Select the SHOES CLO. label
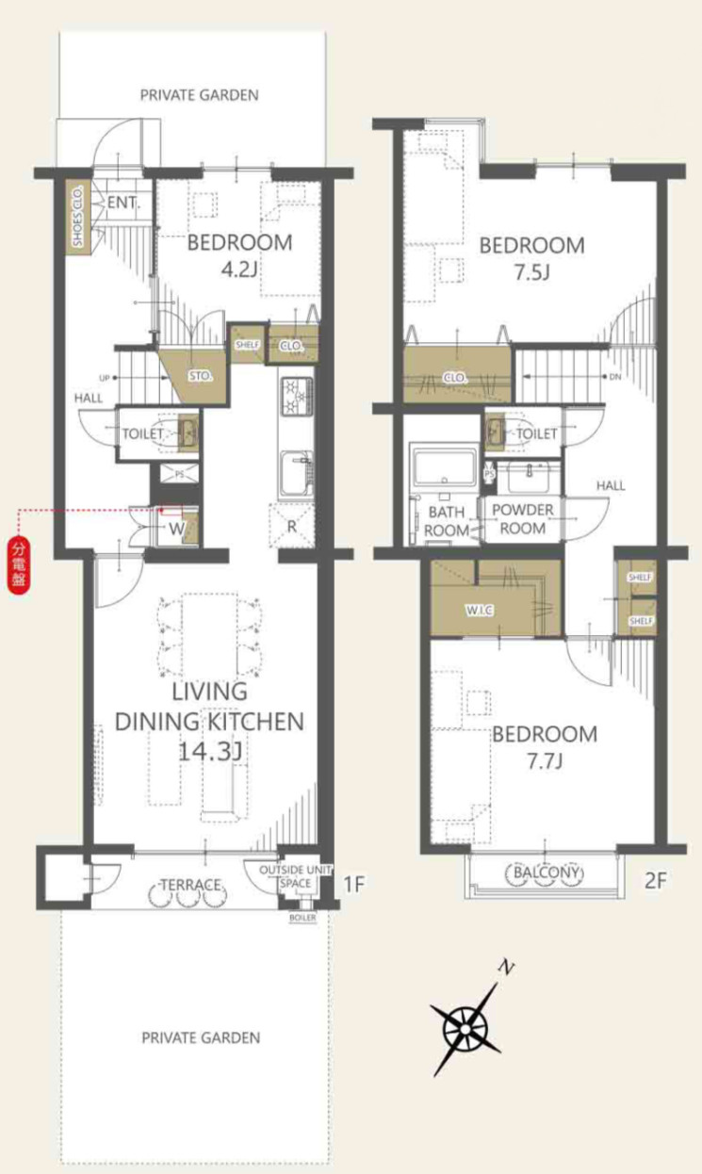point(78,216)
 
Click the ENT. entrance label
point(123,203)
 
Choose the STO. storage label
point(201,376)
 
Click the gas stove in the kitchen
point(297,396)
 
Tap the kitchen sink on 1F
point(296,474)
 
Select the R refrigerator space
point(291,526)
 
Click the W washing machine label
point(177,529)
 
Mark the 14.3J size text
point(210,752)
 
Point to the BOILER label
point(303,918)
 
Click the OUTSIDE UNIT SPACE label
point(296,876)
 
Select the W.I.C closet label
point(480,610)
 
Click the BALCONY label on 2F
point(547,872)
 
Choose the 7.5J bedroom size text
point(531,272)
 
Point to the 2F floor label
point(655,880)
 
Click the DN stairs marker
point(614,377)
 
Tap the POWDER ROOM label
point(523,519)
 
